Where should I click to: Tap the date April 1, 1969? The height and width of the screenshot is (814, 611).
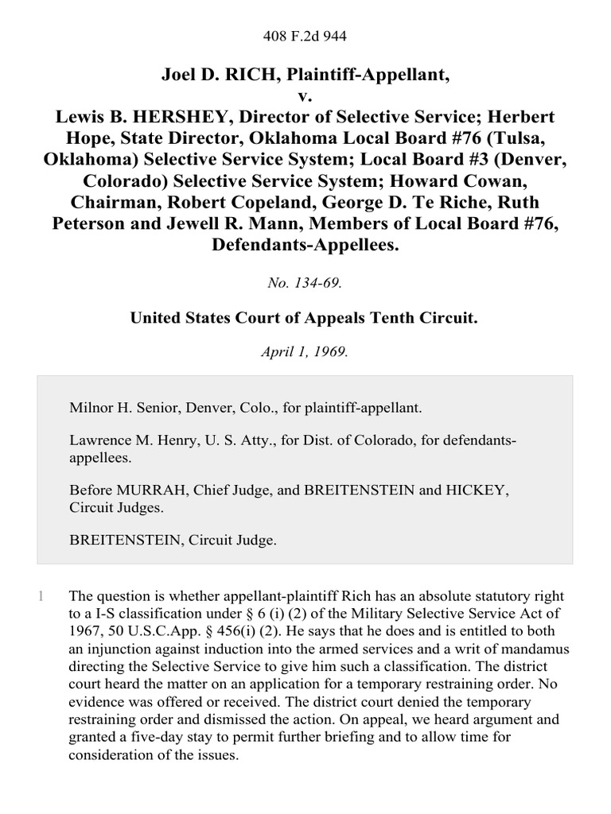coord(305,352)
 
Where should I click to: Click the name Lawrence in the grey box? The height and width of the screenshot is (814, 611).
coord(99,442)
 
